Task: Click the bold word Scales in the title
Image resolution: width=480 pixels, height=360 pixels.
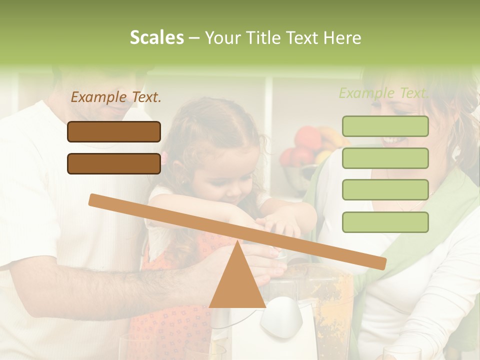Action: tap(156, 38)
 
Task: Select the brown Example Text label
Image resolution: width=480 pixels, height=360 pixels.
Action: tap(116, 97)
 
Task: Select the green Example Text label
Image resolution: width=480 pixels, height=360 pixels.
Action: tap(383, 93)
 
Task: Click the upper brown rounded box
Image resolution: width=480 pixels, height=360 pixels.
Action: tap(114, 132)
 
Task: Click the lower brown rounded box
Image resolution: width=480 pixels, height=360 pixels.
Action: tap(114, 163)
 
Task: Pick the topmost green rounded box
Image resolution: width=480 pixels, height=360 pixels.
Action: tap(385, 126)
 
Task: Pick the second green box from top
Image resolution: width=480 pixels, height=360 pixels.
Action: tap(385, 158)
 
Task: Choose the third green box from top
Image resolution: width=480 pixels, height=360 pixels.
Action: tap(385, 190)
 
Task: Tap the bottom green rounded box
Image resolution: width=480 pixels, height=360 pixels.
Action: tap(385, 222)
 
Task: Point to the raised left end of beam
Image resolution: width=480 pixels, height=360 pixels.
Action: tap(95, 199)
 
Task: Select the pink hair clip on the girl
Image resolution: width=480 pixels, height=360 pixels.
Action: tap(163, 159)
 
